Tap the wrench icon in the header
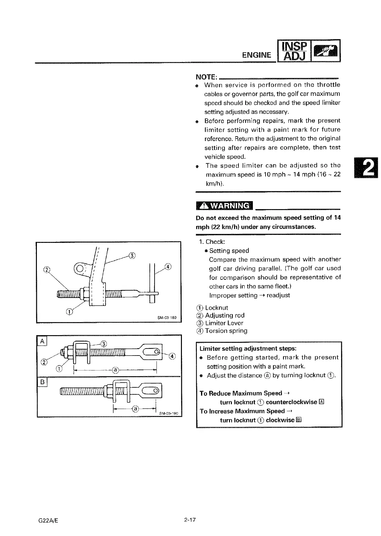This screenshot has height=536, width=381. pyautogui.click(x=325, y=51)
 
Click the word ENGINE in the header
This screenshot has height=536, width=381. pyautogui.click(x=257, y=55)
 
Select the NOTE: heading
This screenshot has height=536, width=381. pyautogui.click(x=206, y=77)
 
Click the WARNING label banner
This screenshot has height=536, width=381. pyautogui.click(x=224, y=206)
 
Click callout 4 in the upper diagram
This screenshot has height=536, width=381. pyautogui.click(x=168, y=266)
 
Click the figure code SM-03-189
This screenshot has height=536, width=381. pyautogui.click(x=167, y=318)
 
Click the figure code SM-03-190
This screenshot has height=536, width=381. pyautogui.click(x=169, y=413)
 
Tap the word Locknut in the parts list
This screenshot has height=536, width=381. pyautogui.click(x=217, y=308)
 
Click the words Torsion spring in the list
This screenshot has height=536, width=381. pyautogui.click(x=226, y=331)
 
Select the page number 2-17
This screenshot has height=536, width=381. pyautogui.click(x=189, y=520)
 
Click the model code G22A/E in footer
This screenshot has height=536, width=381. pyautogui.click(x=47, y=520)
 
